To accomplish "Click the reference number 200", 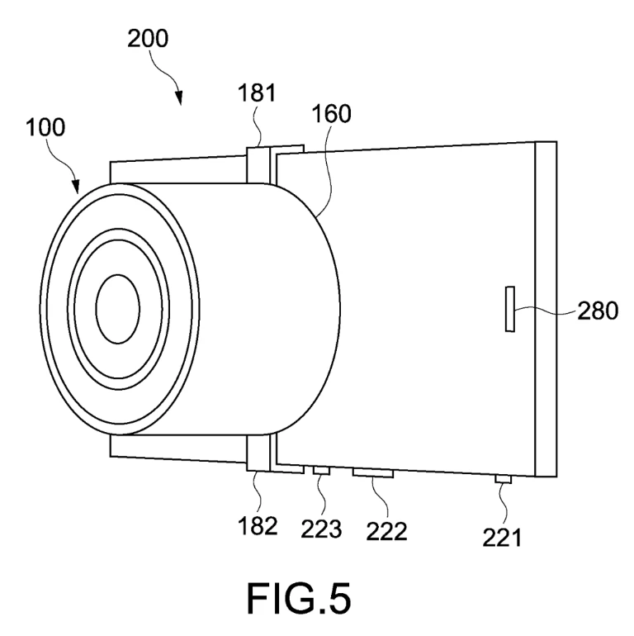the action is [x=148, y=39].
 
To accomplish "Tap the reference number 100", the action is [x=45, y=127].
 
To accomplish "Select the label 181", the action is [x=257, y=93].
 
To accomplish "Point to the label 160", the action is [x=331, y=114].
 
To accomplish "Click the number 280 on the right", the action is [x=598, y=311].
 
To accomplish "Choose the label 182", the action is [x=258, y=526].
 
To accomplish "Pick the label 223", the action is [x=321, y=529].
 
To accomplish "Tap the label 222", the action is [x=386, y=531].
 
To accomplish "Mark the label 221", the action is [x=501, y=538].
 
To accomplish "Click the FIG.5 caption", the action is [x=298, y=599].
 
